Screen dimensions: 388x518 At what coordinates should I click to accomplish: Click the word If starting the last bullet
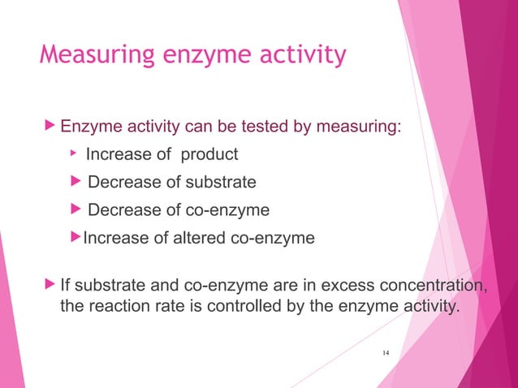point(67,286)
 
